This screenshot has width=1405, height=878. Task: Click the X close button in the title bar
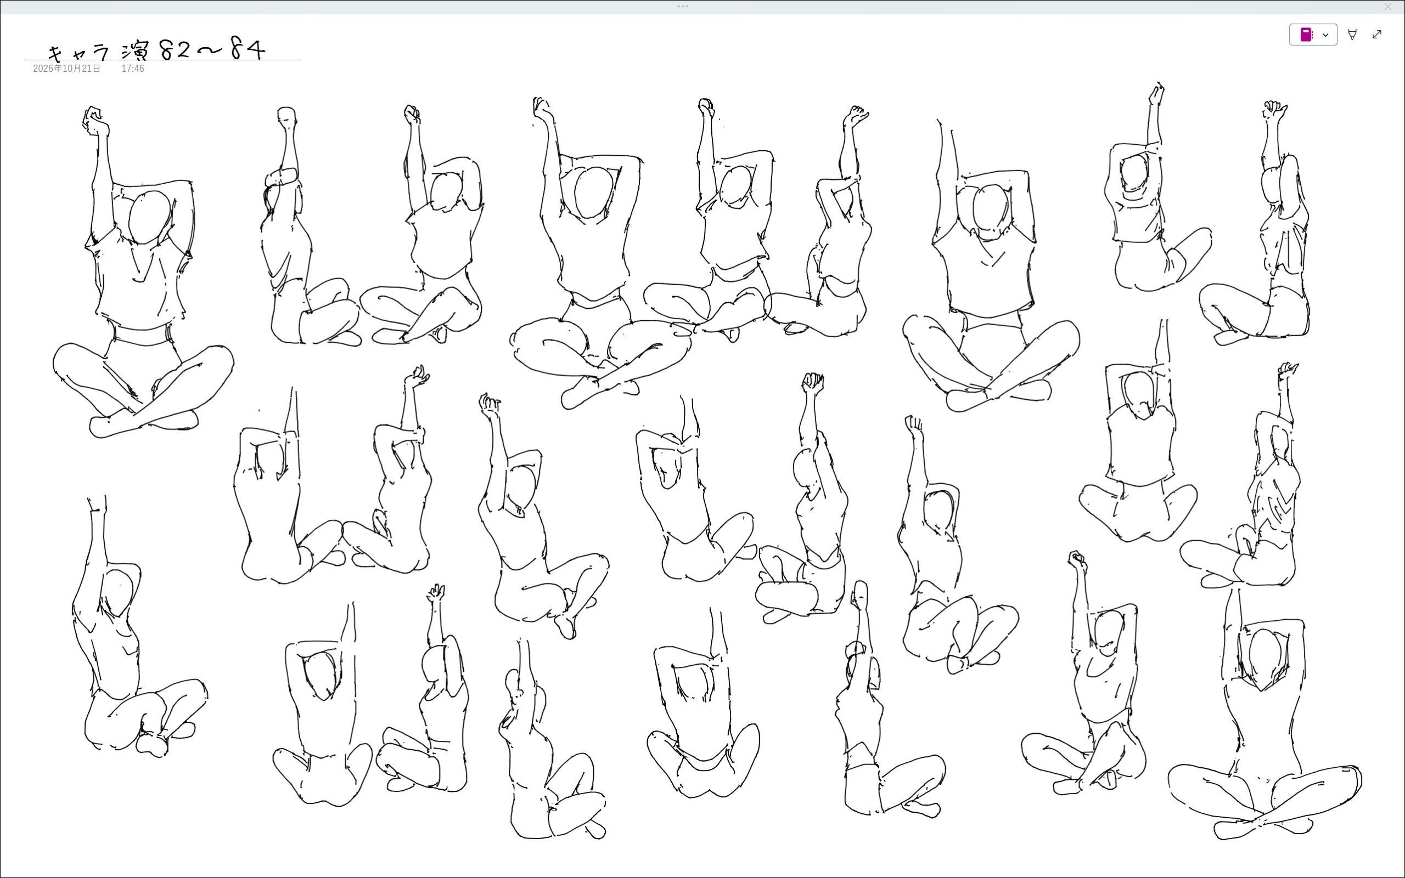(1387, 7)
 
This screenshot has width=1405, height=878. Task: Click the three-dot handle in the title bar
(683, 7)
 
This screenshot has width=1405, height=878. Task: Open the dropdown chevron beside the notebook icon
(1325, 35)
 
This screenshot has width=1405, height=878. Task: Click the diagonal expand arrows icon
(1376, 34)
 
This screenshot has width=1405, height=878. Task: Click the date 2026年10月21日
(66, 69)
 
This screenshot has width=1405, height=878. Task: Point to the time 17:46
(132, 69)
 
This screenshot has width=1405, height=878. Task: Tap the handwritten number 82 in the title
(175, 50)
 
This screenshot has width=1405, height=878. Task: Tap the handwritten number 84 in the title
(248, 49)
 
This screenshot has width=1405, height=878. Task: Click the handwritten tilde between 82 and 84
(210, 51)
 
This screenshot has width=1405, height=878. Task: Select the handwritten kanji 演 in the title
(136, 51)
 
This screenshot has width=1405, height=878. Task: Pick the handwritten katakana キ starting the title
(57, 53)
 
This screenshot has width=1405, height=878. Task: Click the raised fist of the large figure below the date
(95, 120)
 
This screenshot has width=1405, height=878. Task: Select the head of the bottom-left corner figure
(118, 592)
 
